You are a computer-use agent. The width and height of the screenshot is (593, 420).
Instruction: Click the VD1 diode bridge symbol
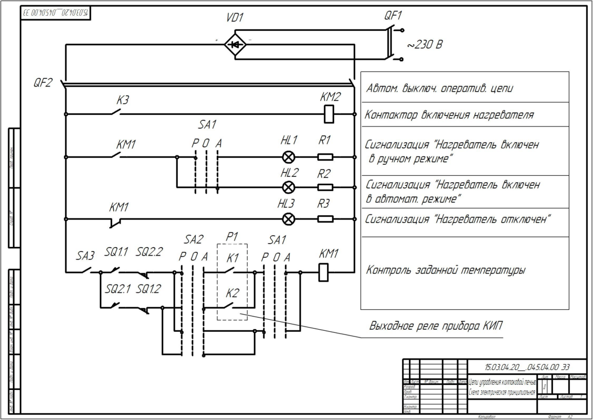click(x=235, y=45)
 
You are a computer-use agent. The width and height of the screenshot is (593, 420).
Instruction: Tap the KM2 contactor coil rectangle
click(x=329, y=114)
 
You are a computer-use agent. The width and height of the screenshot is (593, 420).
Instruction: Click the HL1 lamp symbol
click(x=288, y=157)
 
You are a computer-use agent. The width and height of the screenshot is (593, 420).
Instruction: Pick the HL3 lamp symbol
click(x=288, y=219)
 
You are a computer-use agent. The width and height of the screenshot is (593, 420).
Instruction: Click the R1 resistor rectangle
click(x=325, y=157)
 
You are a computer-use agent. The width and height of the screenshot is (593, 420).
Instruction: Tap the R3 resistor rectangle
click(x=325, y=219)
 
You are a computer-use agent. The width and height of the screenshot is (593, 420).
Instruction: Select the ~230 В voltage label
click(x=424, y=45)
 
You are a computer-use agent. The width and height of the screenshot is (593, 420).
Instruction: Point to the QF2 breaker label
click(x=43, y=82)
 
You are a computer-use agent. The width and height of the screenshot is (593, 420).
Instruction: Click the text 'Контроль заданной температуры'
click(x=446, y=271)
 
